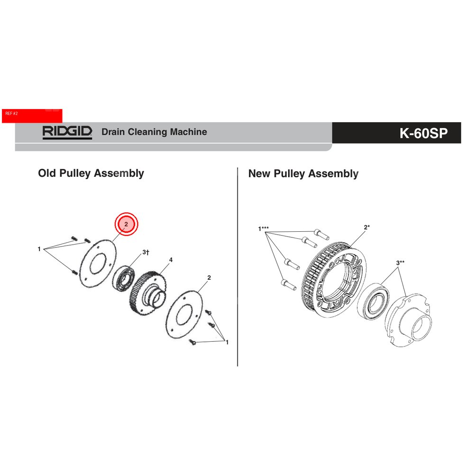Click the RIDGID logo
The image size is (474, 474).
coord(67,132)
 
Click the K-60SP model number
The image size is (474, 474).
coord(423,133)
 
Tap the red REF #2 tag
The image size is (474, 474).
coord(32,115)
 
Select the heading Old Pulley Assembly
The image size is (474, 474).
coord(91,173)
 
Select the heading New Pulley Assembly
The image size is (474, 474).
coord(303,174)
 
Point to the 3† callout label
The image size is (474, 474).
coord(146,253)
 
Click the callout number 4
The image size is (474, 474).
coord(171,260)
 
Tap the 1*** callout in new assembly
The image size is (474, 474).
coord(264,229)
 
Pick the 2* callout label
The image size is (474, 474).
coord(366,228)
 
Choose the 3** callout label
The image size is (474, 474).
coord(400,263)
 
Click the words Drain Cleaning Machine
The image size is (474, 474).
coord(154,132)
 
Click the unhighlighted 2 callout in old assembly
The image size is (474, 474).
coord(209,278)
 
